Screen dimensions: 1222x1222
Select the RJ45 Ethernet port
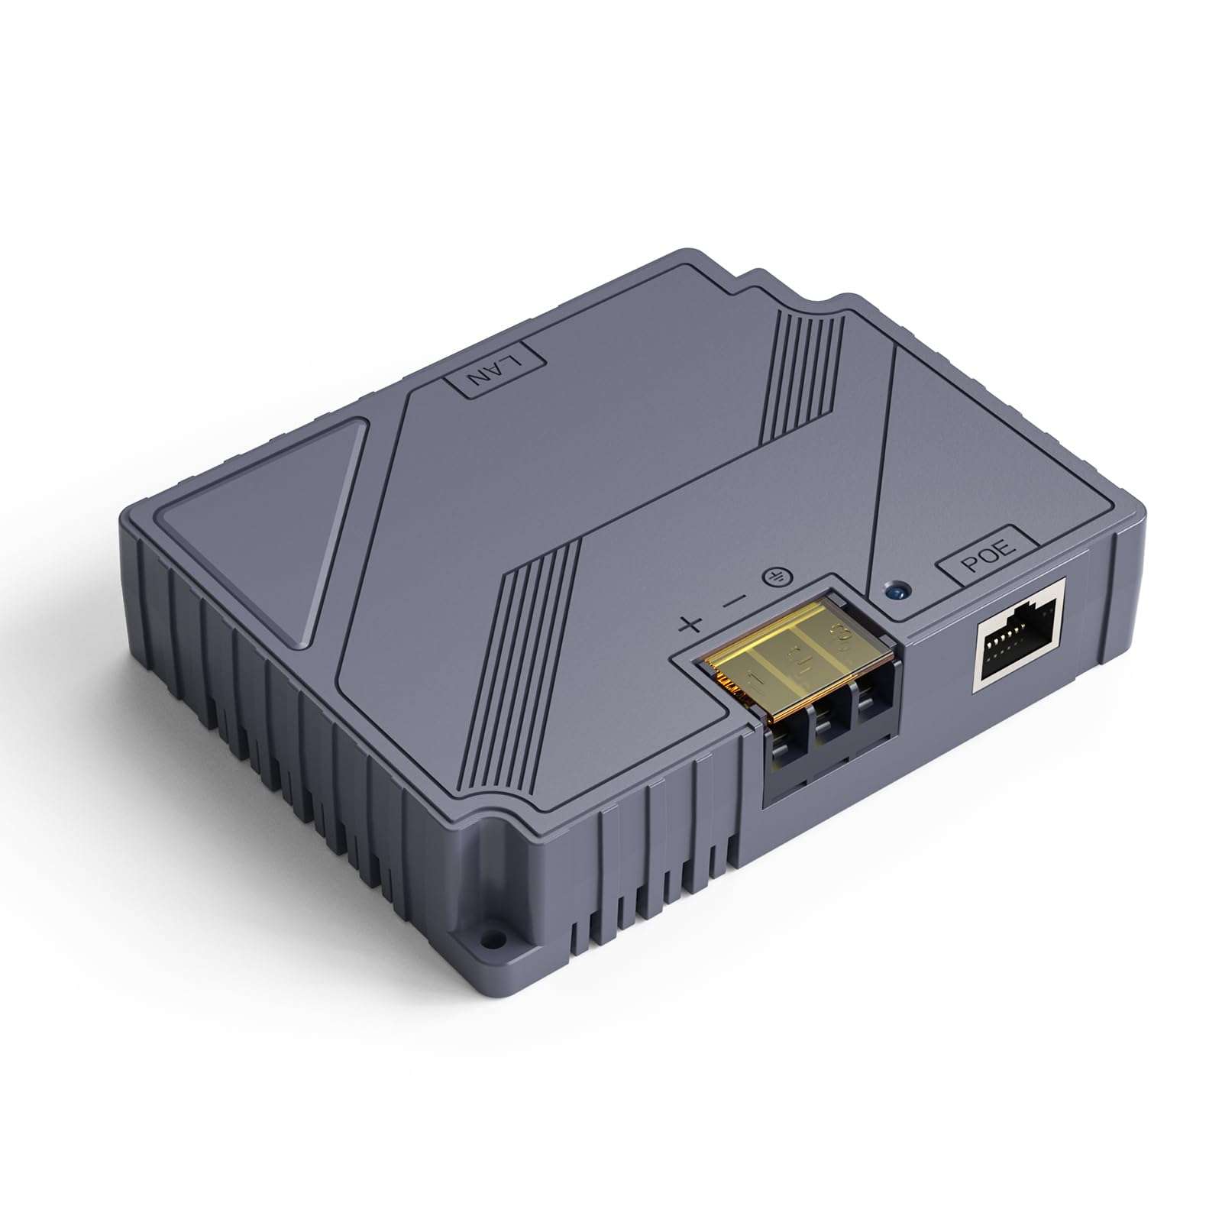pos(1019,635)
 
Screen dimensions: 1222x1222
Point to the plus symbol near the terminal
pos(690,625)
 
